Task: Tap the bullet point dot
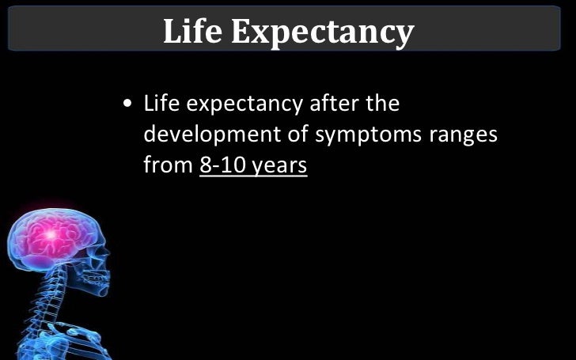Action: coord(127,105)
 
